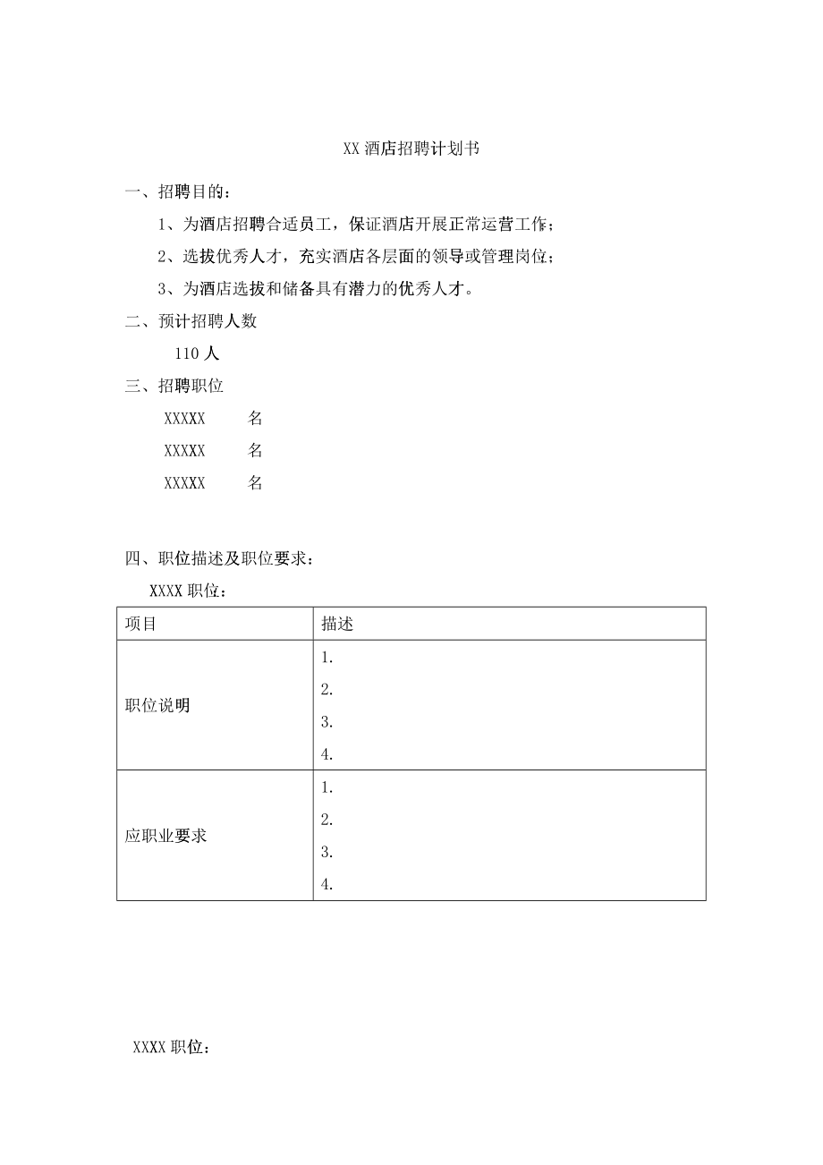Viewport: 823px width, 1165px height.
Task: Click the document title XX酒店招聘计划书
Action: click(411, 149)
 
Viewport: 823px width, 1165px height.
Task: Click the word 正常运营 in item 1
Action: click(480, 224)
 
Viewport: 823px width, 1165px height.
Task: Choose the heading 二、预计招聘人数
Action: click(191, 322)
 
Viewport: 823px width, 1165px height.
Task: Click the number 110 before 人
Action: click(191, 354)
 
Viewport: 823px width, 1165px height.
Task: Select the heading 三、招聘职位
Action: click(174, 387)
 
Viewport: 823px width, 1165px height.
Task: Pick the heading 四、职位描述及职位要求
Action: click(219, 559)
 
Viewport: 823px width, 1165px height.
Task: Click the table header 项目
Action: click(141, 624)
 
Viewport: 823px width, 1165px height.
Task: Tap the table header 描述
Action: click(337, 624)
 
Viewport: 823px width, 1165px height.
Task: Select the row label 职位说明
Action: click(157, 705)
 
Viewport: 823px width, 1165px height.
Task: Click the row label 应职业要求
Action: click(166, 836)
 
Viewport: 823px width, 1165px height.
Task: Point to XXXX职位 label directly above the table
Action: click(188, 591)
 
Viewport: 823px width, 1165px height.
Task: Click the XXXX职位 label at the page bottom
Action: click(172, 1047)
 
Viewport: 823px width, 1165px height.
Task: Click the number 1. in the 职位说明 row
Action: click(327, 658)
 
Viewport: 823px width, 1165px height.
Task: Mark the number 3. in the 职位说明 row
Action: click(327, 722)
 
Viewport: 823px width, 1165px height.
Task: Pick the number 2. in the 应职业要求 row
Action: click(327, 820)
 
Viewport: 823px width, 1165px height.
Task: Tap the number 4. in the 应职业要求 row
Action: click(327, 885)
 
